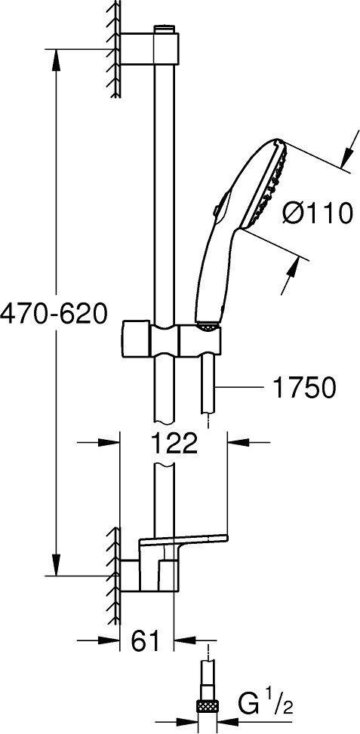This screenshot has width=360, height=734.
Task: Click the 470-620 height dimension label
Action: tap(54, 314)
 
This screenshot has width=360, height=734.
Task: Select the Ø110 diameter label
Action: tap(318, 213)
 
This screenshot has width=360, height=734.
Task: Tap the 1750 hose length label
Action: tap(304, 387)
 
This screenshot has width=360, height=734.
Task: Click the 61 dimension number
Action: tap(145, 641)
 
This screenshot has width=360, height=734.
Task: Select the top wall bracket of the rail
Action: tap(149, 48)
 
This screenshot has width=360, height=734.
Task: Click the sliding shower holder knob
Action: tap(137, 339)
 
